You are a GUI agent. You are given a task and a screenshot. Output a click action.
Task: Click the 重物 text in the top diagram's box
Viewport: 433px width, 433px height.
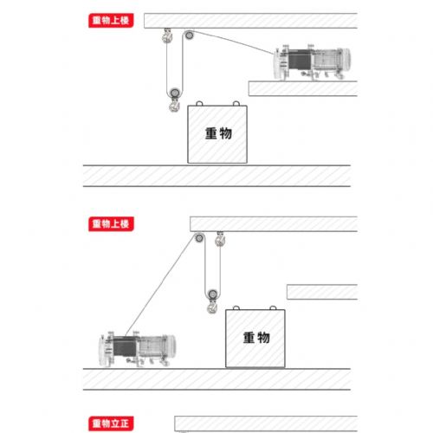(x=219, y=134)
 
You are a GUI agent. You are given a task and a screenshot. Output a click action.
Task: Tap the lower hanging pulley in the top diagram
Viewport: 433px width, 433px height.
(x=176, y=92)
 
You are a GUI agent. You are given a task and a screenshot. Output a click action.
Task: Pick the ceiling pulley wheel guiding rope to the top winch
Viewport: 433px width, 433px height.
(x=188, y=36)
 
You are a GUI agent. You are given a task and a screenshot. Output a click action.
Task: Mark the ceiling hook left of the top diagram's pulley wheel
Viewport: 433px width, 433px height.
(x=165, y=37)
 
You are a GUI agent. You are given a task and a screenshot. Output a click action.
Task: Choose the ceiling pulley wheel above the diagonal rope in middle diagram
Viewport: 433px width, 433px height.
(x=199, y=240)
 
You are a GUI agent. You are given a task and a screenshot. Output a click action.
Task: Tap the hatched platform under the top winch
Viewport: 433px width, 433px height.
(x=303, y=87)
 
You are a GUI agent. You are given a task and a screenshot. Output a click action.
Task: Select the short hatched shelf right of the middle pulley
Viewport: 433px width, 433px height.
(x=321, y=292)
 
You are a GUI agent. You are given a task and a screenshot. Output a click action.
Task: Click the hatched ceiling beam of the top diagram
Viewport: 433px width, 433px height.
(x=251, y=20)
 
